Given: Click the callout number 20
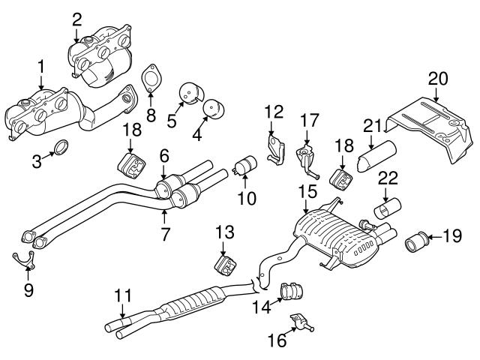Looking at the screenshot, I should tap(438, 78).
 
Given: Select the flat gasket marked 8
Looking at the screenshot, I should tap(152, 78).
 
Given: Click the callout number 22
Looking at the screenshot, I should tap(387, 178).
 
